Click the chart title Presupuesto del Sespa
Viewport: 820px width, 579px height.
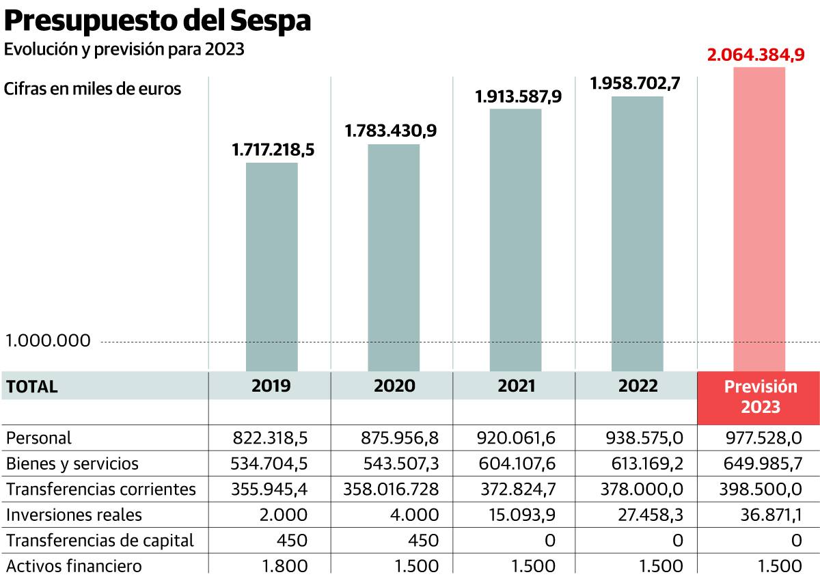pyautogui.click(x=159, y=21)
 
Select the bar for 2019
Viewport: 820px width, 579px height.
pyautogui.click(x=271, y=267)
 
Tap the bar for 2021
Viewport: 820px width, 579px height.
pyautogui.click(x=516, y=239)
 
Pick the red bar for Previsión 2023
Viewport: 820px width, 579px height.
pyautogui.click(x=759, y=219)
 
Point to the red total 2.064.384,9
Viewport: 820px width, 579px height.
pyautogui.click(x=756, y=55)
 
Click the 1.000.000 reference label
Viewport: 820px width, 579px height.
pyautogui.click(x=48, y=340)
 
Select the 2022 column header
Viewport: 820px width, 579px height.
pyautogui.click(x=638, y=386)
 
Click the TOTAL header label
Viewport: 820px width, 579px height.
pyautogui.click(x=32, y=387)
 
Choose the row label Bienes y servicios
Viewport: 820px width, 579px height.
pyautogui.click(x=72, y=464)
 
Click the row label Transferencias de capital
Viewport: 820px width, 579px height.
pyautogui.click(x=100, y=541)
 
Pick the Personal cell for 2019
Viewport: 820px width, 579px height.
pyautogui.click(x=271, y=437)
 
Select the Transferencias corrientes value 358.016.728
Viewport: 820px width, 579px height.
pyautogui.click(x=390, y=489)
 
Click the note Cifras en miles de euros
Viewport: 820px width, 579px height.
pyautogui.click(x=93, y=89)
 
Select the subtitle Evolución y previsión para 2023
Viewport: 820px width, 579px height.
pyautogui.click(x=124, y=50)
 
